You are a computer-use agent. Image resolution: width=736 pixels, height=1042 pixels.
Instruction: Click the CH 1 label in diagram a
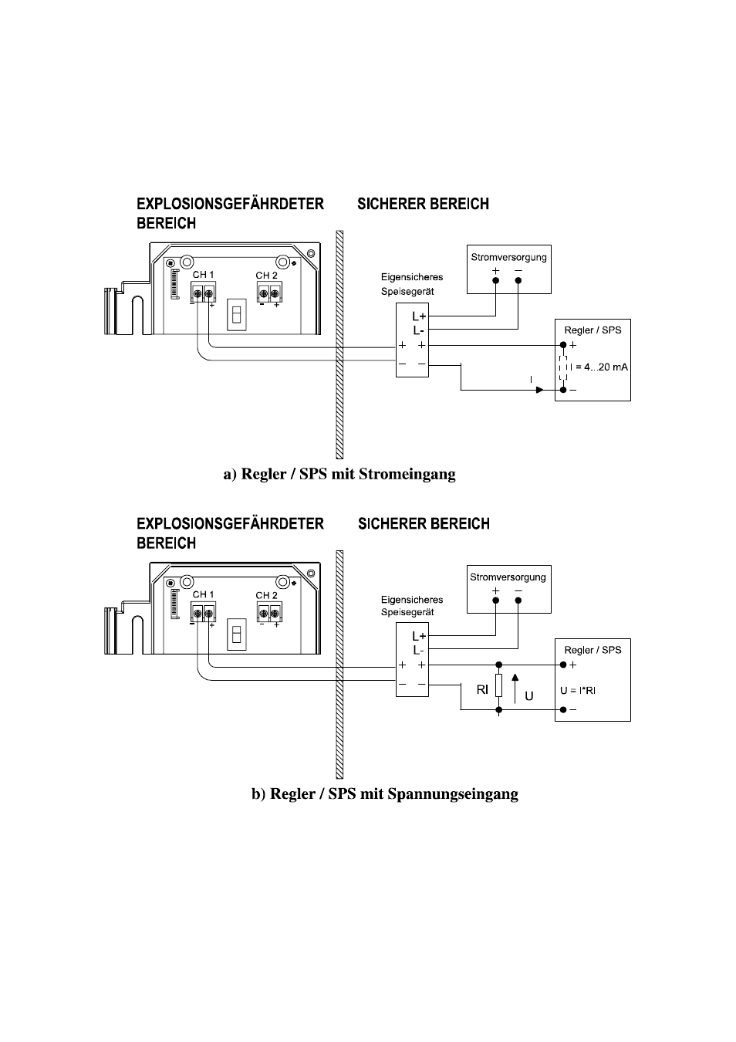tap(203, 275)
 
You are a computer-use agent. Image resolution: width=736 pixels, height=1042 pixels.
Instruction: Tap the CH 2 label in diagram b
tap(266, 595)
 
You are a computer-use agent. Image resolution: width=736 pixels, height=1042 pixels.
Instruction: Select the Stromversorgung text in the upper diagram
tap(508, 257)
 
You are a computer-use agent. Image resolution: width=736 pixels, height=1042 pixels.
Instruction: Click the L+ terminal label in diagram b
tap(419, 636)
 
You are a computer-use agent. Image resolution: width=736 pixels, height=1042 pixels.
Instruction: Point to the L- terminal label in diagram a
tap(418, 330)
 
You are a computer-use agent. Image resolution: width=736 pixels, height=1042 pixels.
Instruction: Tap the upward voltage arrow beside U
tap(515, 688)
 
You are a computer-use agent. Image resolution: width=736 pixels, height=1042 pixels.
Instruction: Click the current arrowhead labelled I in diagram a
tap(540, 390)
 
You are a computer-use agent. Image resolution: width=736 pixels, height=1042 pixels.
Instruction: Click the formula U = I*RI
tap(578, 691)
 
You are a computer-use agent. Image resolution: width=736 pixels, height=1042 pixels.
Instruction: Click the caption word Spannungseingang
tap(453, 793)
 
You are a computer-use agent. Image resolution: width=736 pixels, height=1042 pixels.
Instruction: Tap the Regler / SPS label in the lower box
tap(593, 651)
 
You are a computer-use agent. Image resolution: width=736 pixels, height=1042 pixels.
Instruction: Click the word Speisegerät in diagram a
tap(407, 292)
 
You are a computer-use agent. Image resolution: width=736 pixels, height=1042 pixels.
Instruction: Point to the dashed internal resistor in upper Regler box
tap(563, 368)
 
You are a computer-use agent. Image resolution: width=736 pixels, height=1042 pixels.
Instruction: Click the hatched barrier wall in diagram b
tap(339, 665)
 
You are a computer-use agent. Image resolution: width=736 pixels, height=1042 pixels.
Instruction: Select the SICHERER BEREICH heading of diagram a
tap(423, 204)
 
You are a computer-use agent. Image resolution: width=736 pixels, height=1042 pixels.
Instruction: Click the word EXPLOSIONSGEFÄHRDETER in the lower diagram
tap(230, 524)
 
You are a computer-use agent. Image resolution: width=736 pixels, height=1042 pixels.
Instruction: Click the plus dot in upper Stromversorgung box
tap(495, 280)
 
